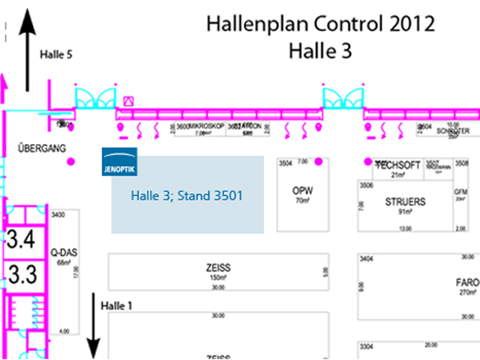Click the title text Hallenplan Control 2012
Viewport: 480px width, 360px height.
(320, 24)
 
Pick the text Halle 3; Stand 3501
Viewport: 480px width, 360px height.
(187, 196)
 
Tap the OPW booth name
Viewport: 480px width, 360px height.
(302, 190)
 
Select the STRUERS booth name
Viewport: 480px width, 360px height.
(405, 202)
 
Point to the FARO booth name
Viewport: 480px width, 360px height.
(466, 283)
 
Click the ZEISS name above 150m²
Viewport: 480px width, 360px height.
(217, 267)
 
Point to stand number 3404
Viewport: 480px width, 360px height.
(367, 259)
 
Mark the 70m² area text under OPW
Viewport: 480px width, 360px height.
(302, 201)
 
